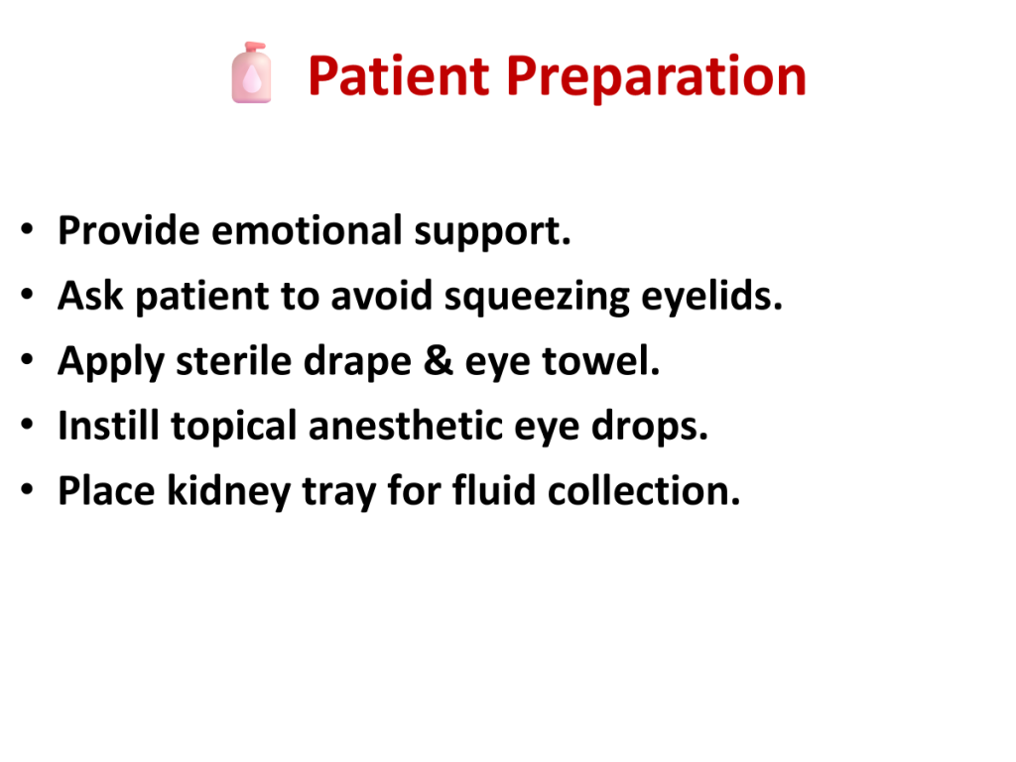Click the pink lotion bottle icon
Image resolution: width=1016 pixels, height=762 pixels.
(251, 72)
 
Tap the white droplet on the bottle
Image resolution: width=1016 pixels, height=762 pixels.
(251, 79)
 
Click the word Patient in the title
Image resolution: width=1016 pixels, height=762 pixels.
(398, 75)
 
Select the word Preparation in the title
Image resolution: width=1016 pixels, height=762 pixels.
(656, 77)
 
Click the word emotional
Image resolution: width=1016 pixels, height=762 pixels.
(307, 230)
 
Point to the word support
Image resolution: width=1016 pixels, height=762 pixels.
(492, 233)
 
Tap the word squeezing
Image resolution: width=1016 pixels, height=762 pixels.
(537, 298)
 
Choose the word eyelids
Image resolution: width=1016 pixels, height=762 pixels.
(711, 298)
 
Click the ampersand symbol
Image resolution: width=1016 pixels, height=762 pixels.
(438, 360)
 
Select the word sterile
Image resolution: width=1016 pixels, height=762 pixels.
(233, 360)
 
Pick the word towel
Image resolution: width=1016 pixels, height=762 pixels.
(600, 360)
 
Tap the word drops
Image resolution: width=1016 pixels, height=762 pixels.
(649, 427)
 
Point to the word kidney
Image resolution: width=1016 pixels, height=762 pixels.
(229, 492)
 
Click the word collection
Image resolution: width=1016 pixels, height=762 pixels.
(643, 490)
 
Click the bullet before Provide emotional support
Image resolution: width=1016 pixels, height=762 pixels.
(27, 229)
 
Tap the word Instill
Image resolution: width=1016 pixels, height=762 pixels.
(108, 426)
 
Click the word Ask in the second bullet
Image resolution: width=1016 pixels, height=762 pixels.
(90, 296)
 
